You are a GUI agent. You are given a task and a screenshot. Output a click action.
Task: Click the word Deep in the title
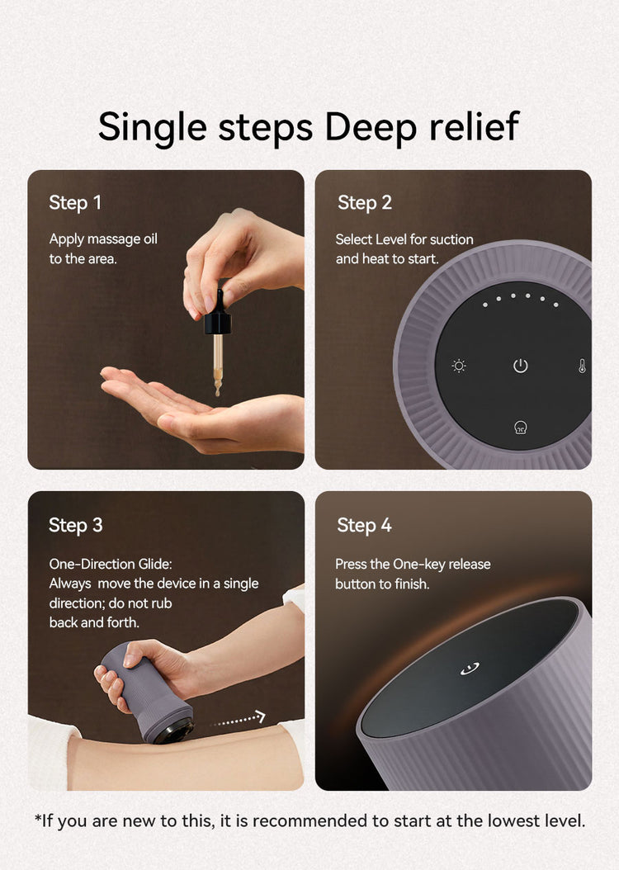pos(370,128)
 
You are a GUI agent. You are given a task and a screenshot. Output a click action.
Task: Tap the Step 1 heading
pos(75,203)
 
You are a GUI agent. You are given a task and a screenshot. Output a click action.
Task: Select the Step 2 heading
pos(365,203)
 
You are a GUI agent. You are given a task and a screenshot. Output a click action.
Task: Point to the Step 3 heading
pos(75,526)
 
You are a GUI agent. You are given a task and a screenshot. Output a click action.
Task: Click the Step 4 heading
pos(365,526)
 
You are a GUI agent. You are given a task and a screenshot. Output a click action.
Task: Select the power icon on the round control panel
pos(520,366)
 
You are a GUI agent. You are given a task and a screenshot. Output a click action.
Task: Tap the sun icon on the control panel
pos(459,366)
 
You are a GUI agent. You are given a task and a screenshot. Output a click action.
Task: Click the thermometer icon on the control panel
pos(582,366)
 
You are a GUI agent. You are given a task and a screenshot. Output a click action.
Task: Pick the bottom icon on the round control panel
pos(520,428)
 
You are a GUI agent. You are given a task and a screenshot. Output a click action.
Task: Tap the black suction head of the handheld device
pos(174,732)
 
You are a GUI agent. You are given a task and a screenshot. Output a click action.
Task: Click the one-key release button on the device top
pos(470,669)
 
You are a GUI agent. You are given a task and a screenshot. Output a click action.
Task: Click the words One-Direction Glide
pos(111,564)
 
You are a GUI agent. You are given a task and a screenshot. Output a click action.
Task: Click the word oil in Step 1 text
pos(150,239)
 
